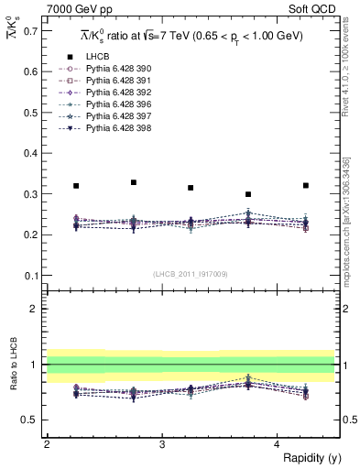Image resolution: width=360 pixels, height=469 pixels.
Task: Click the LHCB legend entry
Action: (x=98, y=57)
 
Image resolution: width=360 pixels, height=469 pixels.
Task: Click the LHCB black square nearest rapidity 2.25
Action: (x=76, y=186)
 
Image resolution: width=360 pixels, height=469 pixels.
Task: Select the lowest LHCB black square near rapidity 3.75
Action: (x=248, y=194)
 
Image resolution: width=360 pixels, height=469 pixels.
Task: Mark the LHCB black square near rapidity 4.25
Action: (x=306, y=186)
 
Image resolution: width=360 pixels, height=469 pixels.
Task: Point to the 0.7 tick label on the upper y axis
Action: (x=30, y=31)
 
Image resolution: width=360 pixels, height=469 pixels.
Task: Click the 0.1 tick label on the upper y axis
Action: (x=30, y=276)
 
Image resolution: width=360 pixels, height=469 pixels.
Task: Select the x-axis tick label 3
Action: (x=162, y=444)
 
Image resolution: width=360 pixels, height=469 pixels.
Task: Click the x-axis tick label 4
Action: (x=278, y=444)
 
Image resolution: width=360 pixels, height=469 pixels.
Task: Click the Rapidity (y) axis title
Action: (x=307, y=458)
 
